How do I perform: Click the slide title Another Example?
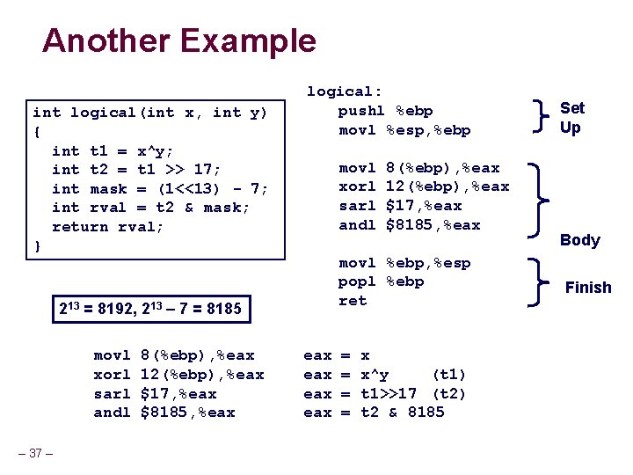coord(178,41)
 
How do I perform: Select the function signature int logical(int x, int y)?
coord(149,113)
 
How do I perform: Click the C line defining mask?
coord(160,189)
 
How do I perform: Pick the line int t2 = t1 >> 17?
coord(136,170)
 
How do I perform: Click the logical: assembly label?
coord(344,91)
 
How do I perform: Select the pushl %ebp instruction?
coord(385,111)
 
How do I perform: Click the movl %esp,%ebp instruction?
coord(404,130)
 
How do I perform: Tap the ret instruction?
coord(353,301)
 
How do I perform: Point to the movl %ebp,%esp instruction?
coord(404,263)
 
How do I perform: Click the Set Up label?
coord(571,118)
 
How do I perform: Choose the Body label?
coord(579,240)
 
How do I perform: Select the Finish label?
coord(587,288)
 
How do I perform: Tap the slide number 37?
coord(36,453)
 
